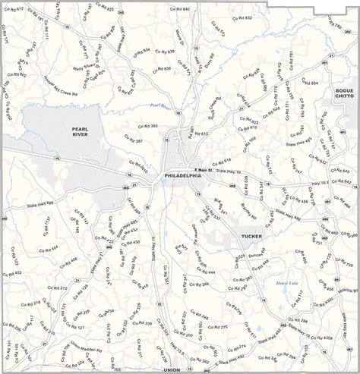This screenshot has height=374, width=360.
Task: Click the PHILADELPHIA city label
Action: tap(182, 175)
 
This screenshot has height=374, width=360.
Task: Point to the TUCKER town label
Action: tap(251, 236)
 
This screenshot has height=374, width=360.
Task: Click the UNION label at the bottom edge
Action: tap(172, 369)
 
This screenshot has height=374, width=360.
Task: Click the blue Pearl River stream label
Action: tap(161, 105)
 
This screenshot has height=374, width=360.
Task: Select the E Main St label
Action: tap(205, 169)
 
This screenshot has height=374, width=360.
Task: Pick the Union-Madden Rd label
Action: tap(86, 344)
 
